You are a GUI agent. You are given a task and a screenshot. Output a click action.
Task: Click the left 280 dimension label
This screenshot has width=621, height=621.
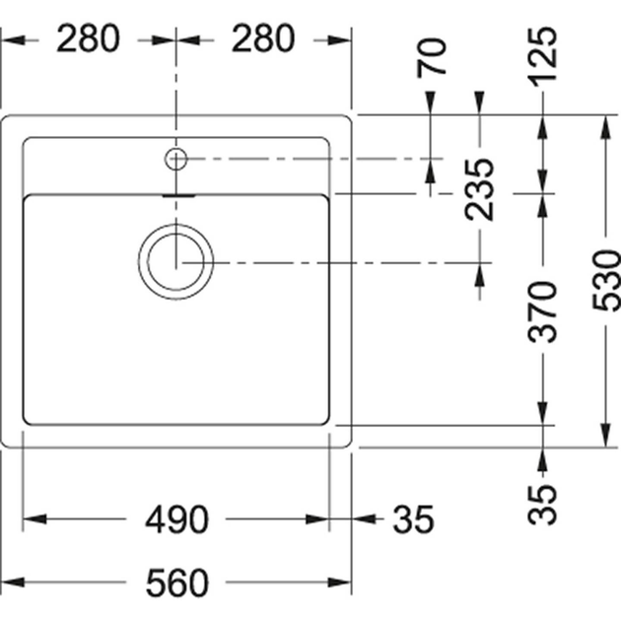(x=88, y=39)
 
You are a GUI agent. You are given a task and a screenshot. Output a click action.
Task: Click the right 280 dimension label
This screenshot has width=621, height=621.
(x=263, y=39)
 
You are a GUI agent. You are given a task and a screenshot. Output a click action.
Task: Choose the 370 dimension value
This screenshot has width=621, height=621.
(x=544, y=310)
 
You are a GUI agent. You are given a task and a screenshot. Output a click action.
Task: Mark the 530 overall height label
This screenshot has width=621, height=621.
(x=605, y=280)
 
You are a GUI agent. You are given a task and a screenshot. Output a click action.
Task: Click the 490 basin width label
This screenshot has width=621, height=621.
(x=176, y=519)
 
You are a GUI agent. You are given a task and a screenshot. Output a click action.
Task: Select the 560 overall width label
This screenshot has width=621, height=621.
(x=176, y=584)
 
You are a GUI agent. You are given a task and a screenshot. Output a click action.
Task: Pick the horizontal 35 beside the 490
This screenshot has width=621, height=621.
(x=411, y=519)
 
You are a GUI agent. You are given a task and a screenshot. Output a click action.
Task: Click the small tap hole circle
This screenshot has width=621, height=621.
(x=176, y=157)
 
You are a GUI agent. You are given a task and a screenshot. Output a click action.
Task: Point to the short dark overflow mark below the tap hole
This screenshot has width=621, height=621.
(x=177, y=196)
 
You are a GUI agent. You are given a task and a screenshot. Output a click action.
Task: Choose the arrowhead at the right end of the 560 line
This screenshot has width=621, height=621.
(x=344, y=583)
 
